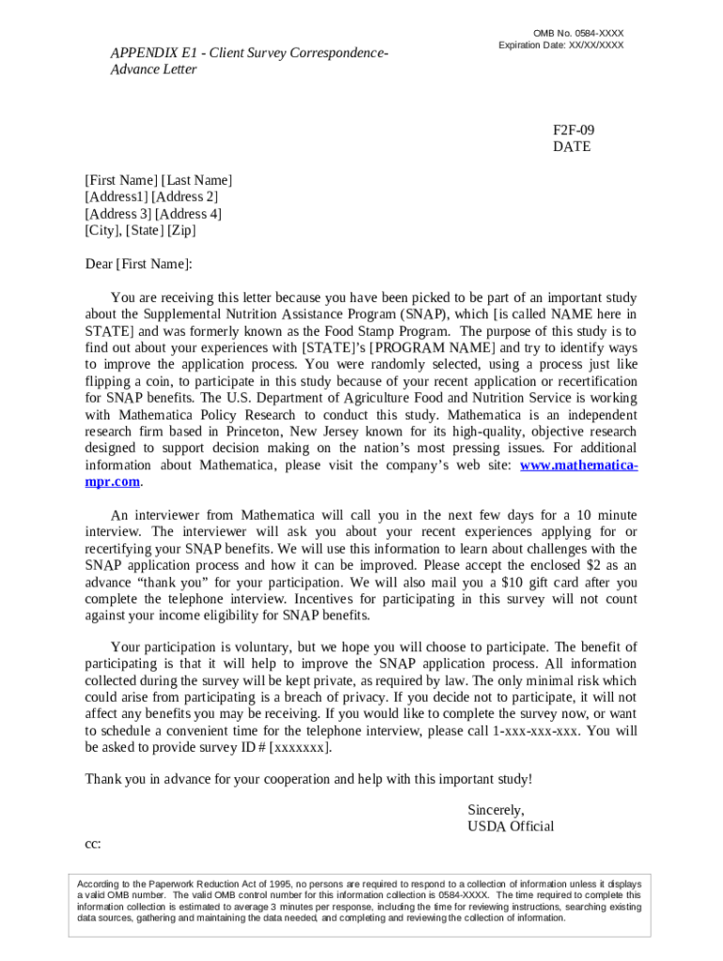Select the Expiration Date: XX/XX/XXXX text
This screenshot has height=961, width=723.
[x=561, y=45]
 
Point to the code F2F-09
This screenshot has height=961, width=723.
[x=574, y=130]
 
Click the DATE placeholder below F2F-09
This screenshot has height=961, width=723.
[x=572, y=147]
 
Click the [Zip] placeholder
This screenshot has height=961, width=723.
[x=182, y=231]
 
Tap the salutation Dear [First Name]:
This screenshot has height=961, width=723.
[x=138, y=265]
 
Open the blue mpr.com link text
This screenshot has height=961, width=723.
[x=113, y=482]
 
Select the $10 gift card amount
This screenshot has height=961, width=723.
[x=516, y=583]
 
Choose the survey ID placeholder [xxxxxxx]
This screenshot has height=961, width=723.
[x=300, y=748]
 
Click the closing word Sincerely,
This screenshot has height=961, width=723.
[x=496, y=811]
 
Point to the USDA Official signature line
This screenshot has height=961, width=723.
[x=510, y=827]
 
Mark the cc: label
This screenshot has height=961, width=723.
[x=93, y=844]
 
